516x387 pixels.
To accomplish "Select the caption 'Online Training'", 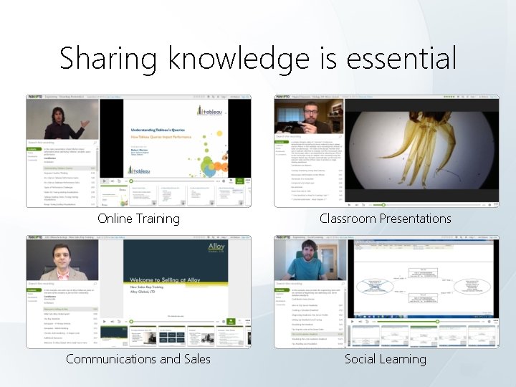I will click(138, 219).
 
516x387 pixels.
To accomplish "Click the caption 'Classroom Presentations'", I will click(386, 219).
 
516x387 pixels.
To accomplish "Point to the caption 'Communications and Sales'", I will click(138, 358).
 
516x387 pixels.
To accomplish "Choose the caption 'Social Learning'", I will click(386, 358).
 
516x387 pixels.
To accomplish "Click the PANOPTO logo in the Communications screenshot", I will click(34, 236).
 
